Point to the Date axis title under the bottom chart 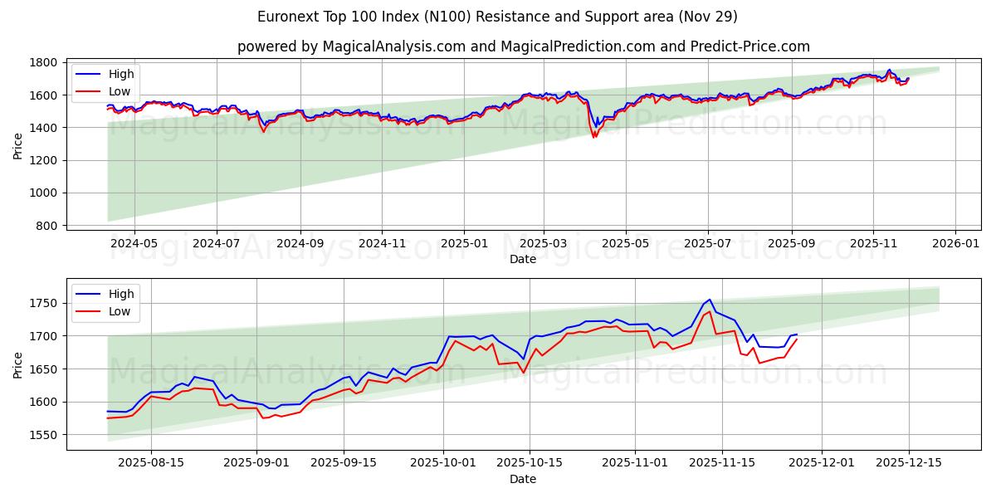523,479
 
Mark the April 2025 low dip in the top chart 594,136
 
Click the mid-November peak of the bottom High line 710,300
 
